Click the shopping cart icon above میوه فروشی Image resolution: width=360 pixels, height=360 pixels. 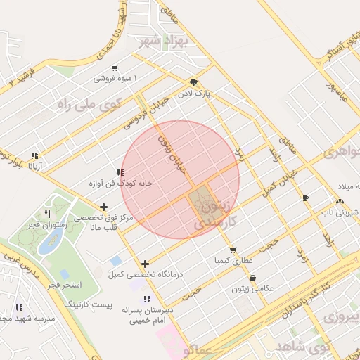(x=114, y=68)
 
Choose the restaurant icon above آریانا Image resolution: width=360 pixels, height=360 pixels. (x=34, y=156)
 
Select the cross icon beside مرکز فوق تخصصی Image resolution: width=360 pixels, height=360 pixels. (x=104, y=207)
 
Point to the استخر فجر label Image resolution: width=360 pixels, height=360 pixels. (x=66, y=285)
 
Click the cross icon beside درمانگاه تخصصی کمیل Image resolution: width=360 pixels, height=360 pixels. (x=145, y=264)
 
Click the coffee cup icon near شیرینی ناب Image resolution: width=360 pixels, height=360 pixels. (x=305, y=198)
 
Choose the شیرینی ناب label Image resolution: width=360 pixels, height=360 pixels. (x=337, y=211)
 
